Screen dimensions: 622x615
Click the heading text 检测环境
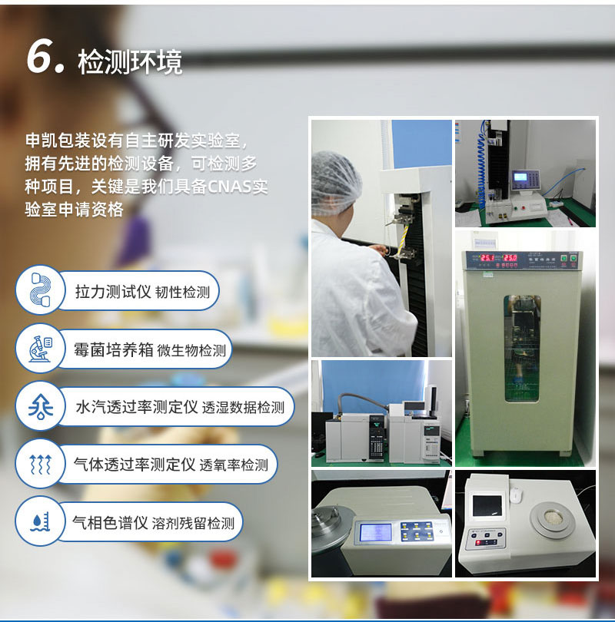pos(130,61)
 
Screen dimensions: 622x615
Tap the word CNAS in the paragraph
pos(230,187)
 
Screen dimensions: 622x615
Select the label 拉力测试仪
pos(112,292)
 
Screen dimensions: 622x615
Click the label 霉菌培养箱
pos(114,350)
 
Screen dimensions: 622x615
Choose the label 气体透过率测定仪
pos(134,464)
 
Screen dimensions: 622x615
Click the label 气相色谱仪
pos(109,523)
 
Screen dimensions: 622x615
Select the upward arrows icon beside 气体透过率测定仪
pos(40,464)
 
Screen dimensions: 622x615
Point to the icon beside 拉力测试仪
pos(40,290)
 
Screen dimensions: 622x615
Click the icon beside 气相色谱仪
pos(40,522)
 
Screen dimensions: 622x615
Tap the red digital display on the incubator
pos(498,258)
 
